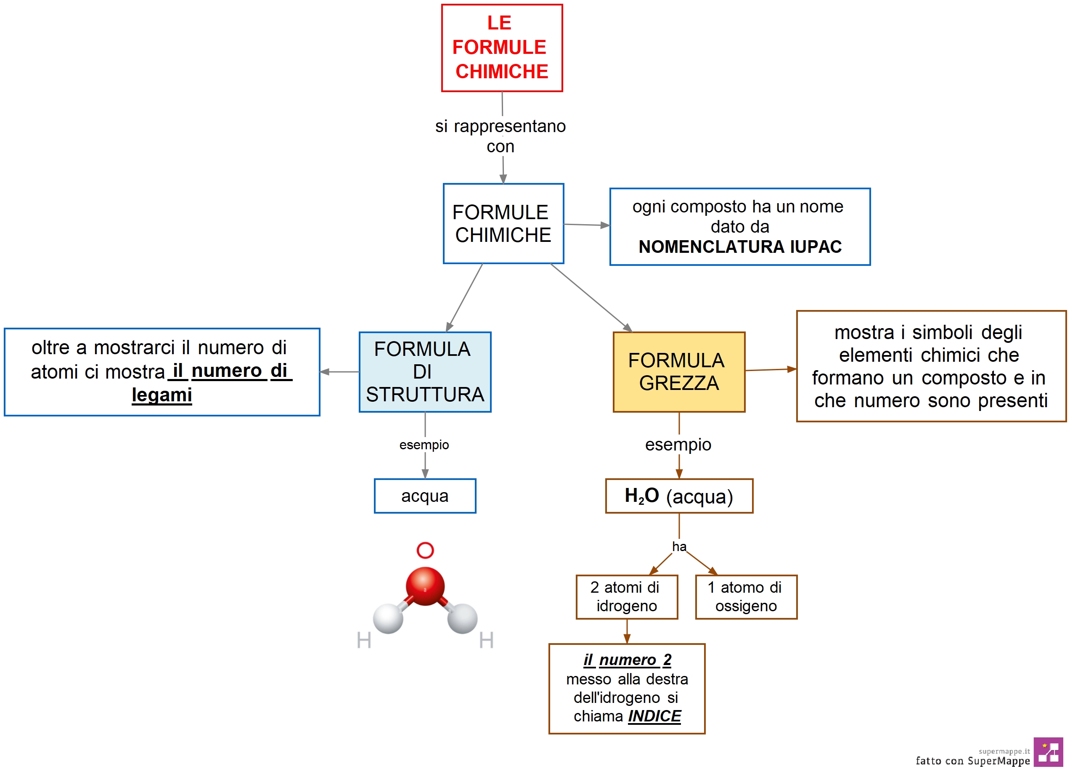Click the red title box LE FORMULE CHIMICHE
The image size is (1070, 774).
point(501,48)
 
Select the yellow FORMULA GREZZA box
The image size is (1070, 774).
point(678,372)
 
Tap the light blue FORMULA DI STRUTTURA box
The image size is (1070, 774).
point(425,372)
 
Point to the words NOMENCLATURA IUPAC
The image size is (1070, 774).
point(740,247)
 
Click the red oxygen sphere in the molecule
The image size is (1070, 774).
point(425,586)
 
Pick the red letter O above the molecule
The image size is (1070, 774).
point(425,550)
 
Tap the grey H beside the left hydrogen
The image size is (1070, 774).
point(364,640)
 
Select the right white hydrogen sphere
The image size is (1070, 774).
point(462,618)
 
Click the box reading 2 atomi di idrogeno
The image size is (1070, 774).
point(627,596)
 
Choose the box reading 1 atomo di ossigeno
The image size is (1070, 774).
point(746,596)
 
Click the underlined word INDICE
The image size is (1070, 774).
point(654,716)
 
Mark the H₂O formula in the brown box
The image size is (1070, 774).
point(642,496)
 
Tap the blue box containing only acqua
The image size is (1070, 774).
point(425,496)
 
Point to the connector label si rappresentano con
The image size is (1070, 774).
point(501,136)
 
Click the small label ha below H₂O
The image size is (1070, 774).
point(679,546)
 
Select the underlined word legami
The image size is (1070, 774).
point(162,395)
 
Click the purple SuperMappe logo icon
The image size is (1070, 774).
point(1048,752)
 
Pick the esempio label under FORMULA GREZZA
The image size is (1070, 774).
point(678,445)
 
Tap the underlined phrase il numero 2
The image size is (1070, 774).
point(627,660)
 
